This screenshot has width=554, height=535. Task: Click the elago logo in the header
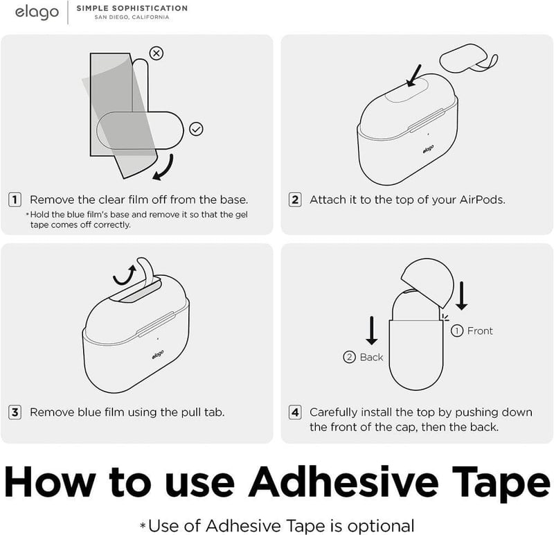pyautogui.click(x=37, y=12)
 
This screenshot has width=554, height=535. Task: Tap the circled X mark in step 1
pyautogui.click(x=157, y=53)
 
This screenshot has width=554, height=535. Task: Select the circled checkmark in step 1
pyautogui.click(x=196, y=129)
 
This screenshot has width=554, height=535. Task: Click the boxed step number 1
pyautogui.click(x=15, y=200)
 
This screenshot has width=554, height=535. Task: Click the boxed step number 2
pyautogui.click(x=295, y=200)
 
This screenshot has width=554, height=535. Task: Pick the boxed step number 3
pyautogui.click(x=15, y=412)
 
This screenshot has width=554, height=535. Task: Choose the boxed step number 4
pyautogui.click(x=295, y=412)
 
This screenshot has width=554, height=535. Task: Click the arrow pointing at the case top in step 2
pyautogui.click(x=414, y=76)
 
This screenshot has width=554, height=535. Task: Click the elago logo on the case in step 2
pyautogui.click(x=428, y=149)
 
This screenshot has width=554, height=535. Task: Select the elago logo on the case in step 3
pyautogui.click(x=158, y=355)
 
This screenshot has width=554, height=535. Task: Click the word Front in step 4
pyautogui.click(x=480, y=331)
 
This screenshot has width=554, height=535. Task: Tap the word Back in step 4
pyautogui.click(x=371, y=357)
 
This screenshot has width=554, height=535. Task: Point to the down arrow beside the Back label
pyautogui.click(x=371, y=331)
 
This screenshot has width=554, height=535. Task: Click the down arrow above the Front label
pyautogui.click(x=461, y=296)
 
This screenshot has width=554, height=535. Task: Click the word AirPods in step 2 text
pyautogui.click(x=482, y=200)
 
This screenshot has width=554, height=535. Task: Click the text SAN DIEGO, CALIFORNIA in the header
pyautogui.click(x=132, y=17)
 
